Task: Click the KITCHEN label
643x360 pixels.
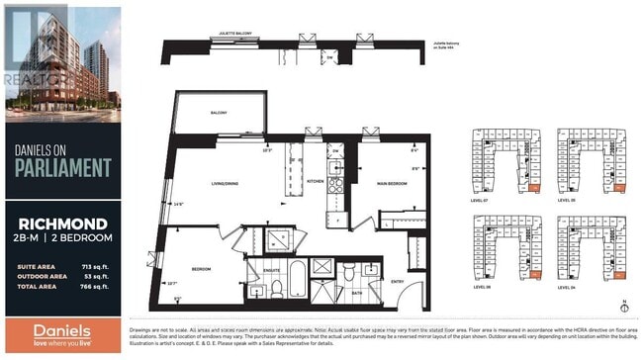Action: (x=316, y=181)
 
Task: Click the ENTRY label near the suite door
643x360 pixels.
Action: (x=397, y=281)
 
